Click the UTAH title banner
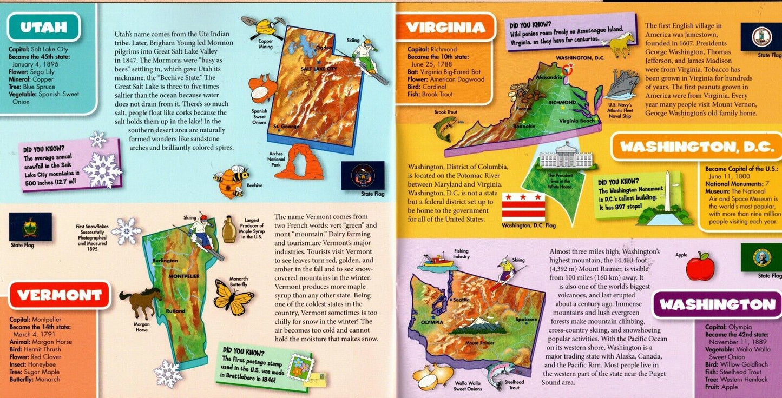click(44, 27)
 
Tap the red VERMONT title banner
click(60, 295)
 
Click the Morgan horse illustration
click(140, 302)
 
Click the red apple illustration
click(700, 267)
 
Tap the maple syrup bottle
click(229, 229)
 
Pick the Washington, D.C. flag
click(523, 207)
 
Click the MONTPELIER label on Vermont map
click(185, 276)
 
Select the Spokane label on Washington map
click(526, 320)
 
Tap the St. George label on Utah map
click(286, 127)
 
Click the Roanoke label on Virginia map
click(524, 126)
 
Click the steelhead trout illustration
click(501, 374)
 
